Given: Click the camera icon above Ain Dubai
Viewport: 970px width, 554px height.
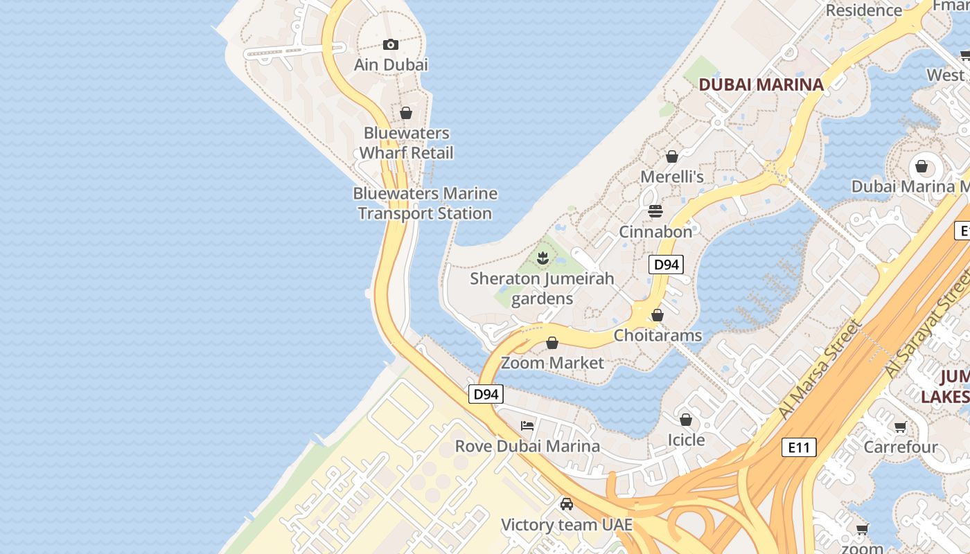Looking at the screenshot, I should [x=391, y=45].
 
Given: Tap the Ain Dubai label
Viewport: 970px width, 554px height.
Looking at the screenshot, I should [x=391, y=64].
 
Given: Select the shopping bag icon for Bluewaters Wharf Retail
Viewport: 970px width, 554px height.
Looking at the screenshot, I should [x=406, y=113].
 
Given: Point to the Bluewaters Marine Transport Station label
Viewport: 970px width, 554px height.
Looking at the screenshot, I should [x=425, y=204].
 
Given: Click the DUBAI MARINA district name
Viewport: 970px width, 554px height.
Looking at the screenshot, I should [x=761, y=84].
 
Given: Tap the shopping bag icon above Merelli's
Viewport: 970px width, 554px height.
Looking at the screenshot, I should [x=671, y=157].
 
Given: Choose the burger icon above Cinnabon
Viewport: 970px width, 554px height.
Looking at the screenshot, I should [x=655, y=211].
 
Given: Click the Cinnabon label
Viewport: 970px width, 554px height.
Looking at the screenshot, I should [x=655, y=231].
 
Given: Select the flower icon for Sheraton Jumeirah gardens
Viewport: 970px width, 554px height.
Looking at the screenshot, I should [x=543, y=259].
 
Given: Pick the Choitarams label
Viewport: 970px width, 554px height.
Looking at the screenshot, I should [x=658, y=336].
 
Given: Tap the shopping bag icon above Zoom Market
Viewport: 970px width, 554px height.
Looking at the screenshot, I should [x=552, y=343].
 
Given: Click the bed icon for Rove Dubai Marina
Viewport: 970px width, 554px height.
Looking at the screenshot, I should [x=527, y=426].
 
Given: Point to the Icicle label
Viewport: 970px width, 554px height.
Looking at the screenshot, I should [x=686, y=440].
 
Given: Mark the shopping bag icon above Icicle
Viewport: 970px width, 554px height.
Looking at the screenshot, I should [x=686, y=420].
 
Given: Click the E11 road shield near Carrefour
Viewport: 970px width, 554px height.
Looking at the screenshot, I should [x=799, y=447].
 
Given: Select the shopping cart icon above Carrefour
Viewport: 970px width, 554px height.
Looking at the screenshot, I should [x=900, y=427].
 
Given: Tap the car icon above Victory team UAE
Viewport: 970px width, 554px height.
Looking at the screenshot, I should [x=567, y=504].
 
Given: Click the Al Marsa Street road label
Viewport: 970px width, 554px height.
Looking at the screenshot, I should [x=820, y=369].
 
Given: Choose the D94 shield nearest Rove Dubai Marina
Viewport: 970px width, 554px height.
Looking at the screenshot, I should [x=486, y=395].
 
